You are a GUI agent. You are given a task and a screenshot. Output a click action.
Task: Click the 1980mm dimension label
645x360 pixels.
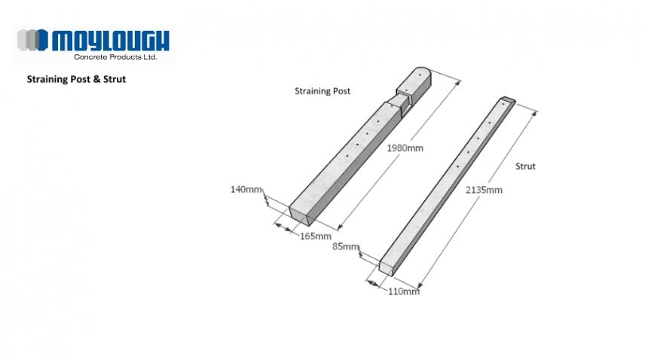(405, 148)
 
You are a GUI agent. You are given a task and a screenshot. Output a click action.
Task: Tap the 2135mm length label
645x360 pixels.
(484, 190)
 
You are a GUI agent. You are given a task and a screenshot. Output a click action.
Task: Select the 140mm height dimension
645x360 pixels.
(246, 189)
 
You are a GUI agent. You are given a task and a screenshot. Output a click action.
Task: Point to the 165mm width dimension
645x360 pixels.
(316, 236)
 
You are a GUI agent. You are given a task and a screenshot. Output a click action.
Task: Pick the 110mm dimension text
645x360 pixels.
(403, 291)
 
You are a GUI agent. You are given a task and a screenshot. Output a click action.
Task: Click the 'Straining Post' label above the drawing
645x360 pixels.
(322, 91)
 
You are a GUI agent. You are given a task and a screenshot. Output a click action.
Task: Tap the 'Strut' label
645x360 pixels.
(525, 166)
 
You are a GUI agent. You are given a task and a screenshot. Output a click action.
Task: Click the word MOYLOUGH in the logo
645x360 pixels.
(111, 40)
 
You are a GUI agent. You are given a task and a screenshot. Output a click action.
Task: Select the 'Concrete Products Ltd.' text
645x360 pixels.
(115, 56)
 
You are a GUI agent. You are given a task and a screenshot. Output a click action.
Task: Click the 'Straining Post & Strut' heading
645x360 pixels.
(76, 78)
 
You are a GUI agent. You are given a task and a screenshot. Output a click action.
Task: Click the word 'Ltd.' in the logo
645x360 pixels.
(150, 56)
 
